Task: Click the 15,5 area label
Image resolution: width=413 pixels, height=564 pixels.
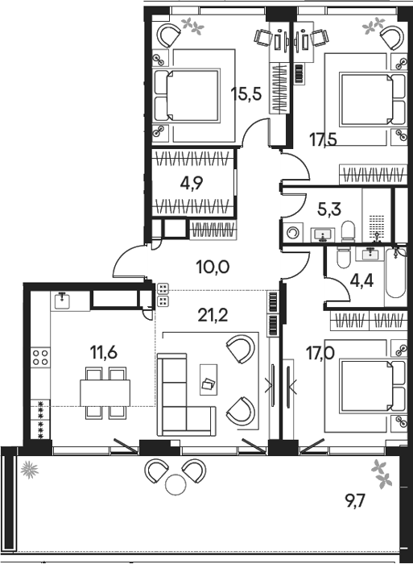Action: pyautogui.click(x=246, y=94)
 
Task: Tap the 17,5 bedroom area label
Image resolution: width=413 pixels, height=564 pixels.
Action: pyautogui.click(x=324, y=139)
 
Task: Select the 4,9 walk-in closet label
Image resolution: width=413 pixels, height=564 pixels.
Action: pyautogui.click(x=192, y=183)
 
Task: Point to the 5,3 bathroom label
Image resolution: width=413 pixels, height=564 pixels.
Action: pyautogui.click(x=329, y=208)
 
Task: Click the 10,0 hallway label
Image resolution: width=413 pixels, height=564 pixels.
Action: pyautogui.click(x=213, y=267)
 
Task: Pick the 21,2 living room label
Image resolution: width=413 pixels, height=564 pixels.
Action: pyautogui.click(x=213, y=316)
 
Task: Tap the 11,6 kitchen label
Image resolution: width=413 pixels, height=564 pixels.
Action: pyautogui.click(x=104, y=353)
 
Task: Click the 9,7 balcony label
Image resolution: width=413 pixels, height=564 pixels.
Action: pyautogui.click(x=356, y=500)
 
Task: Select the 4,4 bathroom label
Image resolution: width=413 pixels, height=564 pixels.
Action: pyautogui.click(x=361, y=281)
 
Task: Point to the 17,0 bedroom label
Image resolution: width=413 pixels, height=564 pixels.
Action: pyautogui.click(x=320, y=353)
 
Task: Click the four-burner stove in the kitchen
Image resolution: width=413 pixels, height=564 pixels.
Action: pyautogui.click(x=40, y=357)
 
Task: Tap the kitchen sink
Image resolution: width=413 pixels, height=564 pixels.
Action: pyautogui.click(x=64, y=301)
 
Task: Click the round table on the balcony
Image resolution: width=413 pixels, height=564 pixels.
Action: pyautogui.click(x=176, y=484)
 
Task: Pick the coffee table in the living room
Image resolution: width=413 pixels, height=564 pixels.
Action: pyautogui.click(x=209, y=379)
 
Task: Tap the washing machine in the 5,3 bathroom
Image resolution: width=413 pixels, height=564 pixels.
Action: pyautogui.click(x=293, y=232)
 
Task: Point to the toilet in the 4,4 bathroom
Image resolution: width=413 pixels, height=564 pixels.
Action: pyautogui.click(x=343, y=257)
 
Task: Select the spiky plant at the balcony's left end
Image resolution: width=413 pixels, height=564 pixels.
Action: pyautogui.click(x=29, y=470)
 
